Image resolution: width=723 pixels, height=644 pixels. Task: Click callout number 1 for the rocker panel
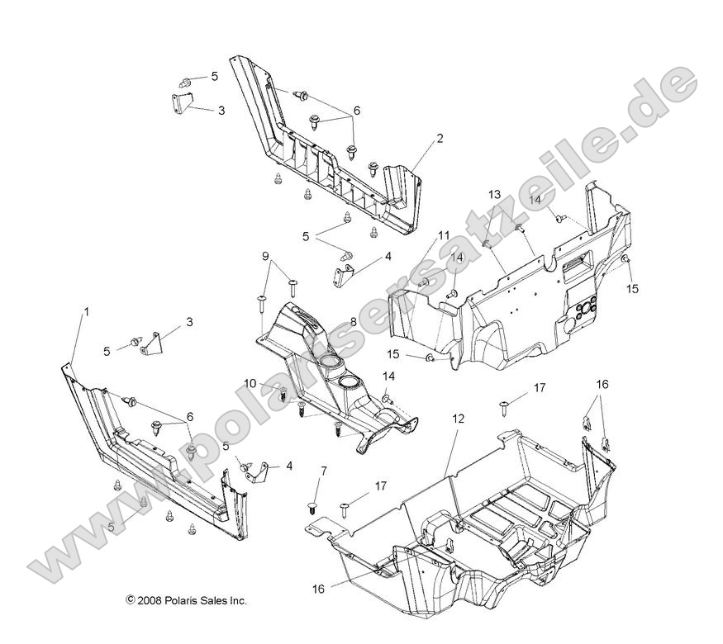[x=85, y=311]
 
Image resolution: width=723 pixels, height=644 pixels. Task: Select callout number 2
[x=462, y=139]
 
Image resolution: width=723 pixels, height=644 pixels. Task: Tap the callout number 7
[x=323, y=471]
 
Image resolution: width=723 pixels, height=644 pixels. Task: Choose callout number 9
[x=265, y=256]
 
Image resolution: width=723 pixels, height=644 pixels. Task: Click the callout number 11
[x=444, y=235]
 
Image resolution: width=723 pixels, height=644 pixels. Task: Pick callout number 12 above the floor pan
[x=458, y=419]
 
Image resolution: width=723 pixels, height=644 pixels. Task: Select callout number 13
[x=494, y=194]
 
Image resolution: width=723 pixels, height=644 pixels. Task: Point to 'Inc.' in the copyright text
[x=237, y=601]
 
